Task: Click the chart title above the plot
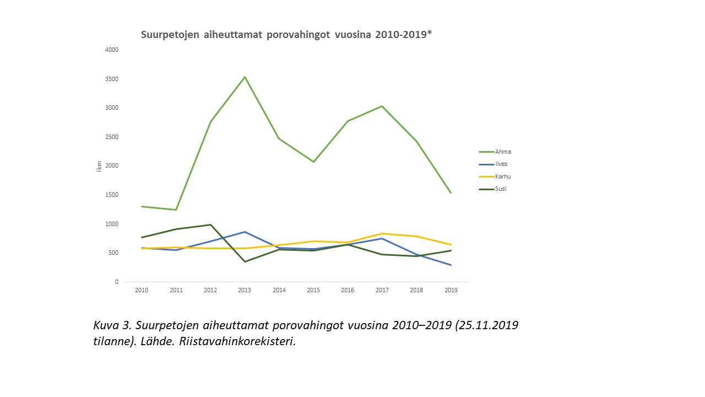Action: (286, 35)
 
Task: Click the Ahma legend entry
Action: (503, 152)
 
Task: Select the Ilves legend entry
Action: (501, 164)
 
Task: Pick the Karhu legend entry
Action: (503, 176)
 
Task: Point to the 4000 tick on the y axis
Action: (112, 50)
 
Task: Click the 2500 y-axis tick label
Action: (112, 137)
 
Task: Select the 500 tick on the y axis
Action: (113, 253)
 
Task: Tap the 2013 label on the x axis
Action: (245, 291)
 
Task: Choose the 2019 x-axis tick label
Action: (451, 291)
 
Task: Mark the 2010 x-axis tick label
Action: (142, 291)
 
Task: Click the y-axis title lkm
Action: (99, 166)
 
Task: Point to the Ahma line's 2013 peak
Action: (245, 77)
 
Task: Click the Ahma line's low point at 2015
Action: (313, 162)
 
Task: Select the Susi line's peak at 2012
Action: (210, 224)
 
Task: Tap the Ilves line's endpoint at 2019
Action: (451, 265)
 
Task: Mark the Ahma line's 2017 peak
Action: (382, 106)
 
